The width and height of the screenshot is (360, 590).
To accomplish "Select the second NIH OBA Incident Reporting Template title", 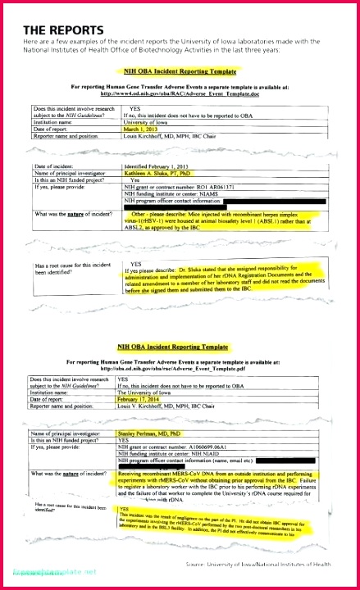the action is tap(172, 347).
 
